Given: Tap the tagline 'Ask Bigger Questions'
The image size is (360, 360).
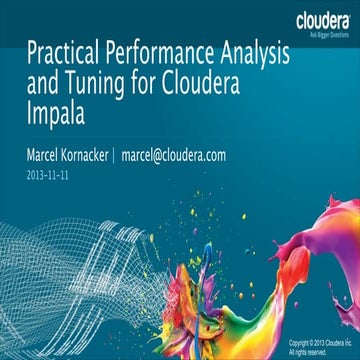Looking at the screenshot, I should (x=322, y=33).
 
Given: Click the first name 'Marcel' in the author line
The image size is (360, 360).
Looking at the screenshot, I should (x=47, y=156).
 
